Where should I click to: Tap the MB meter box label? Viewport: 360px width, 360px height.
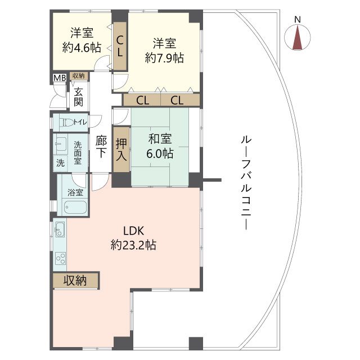(59, 76)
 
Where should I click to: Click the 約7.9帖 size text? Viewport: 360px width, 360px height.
(165, 57)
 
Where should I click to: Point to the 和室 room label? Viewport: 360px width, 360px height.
(160, 139)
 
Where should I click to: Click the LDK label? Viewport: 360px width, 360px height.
(134, 231)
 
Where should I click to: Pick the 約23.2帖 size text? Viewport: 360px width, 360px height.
(133, 245)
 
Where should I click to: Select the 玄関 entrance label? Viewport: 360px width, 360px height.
(78, 96)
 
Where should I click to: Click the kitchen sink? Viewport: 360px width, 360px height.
(60, 229)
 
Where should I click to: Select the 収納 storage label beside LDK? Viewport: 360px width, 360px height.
(75, 280)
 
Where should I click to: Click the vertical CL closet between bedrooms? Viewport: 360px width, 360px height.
(120, 47)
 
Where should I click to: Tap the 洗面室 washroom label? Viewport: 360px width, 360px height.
(78, 152)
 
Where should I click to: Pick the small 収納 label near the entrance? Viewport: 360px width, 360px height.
(78, 75)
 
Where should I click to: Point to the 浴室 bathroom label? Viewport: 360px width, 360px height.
(75, 192)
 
